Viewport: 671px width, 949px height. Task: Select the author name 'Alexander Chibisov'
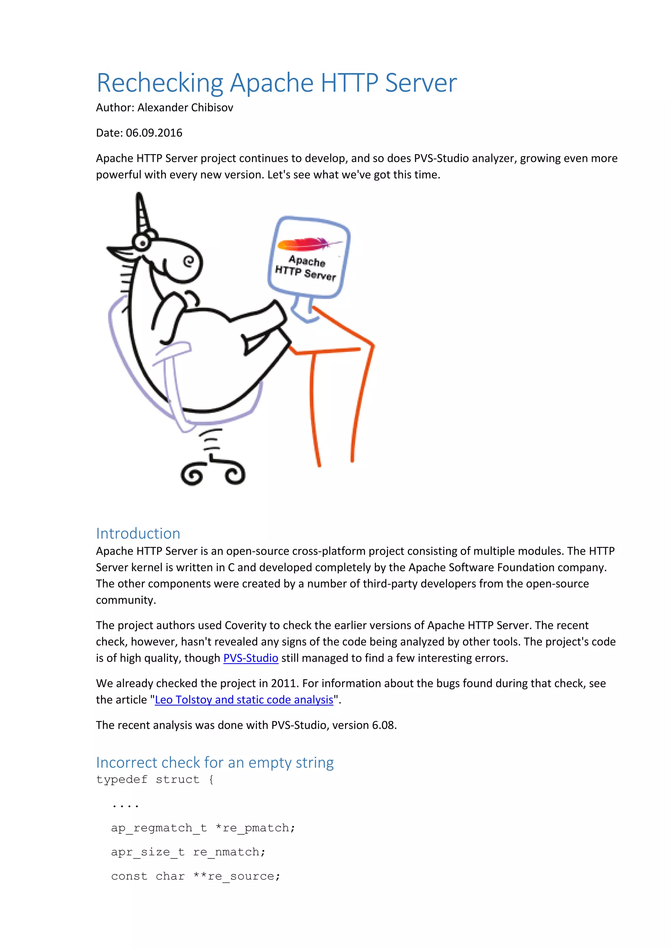point(185,108)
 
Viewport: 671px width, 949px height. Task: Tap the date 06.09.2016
point(154,133)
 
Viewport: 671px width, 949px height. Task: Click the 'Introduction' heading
point(138,533)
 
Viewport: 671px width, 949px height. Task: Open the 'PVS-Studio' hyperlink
point(250,658)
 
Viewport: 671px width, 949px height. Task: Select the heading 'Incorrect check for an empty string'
point(215,763)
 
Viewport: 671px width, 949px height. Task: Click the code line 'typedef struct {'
point(155,780)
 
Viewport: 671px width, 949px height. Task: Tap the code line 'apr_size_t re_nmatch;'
point(188,852)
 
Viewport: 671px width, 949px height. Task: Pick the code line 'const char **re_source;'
point(195,877)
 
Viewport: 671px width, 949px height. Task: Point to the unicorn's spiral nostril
point(189,261)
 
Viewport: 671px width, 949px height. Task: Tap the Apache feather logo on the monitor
point(308,244)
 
